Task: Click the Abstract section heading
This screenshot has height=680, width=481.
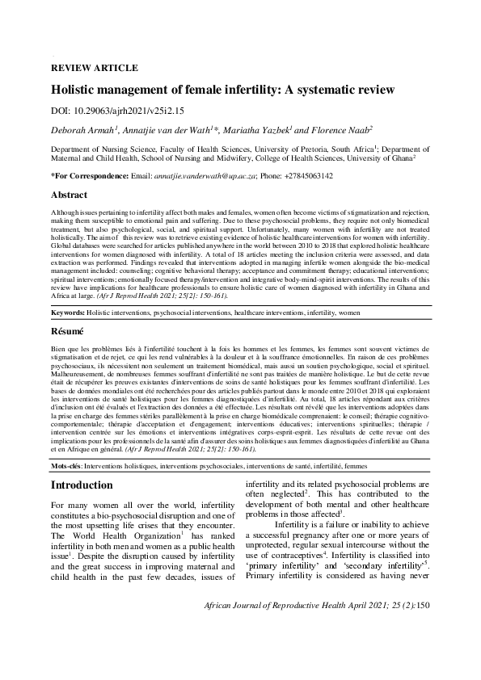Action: pyautogui.click(x=70, y=195)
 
